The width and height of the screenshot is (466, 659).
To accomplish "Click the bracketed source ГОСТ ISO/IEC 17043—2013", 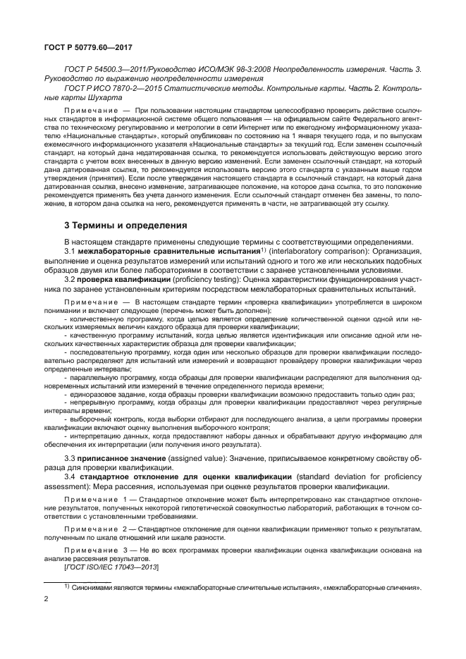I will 111,567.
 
